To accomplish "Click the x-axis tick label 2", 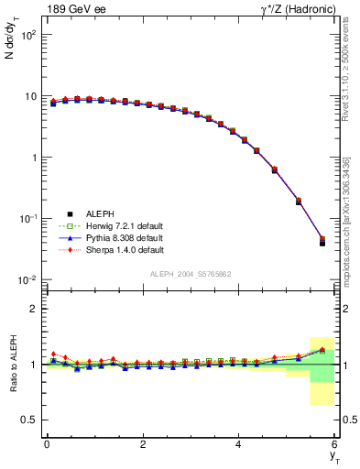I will [x=143, y=444].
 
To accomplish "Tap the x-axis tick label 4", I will [x=239, y=444].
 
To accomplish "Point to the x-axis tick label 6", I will [x=335, y=444].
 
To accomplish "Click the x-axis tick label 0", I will [x=47, y=444].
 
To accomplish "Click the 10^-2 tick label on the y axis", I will [x=26, y=279].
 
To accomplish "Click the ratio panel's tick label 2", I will [x=31, y=309].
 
